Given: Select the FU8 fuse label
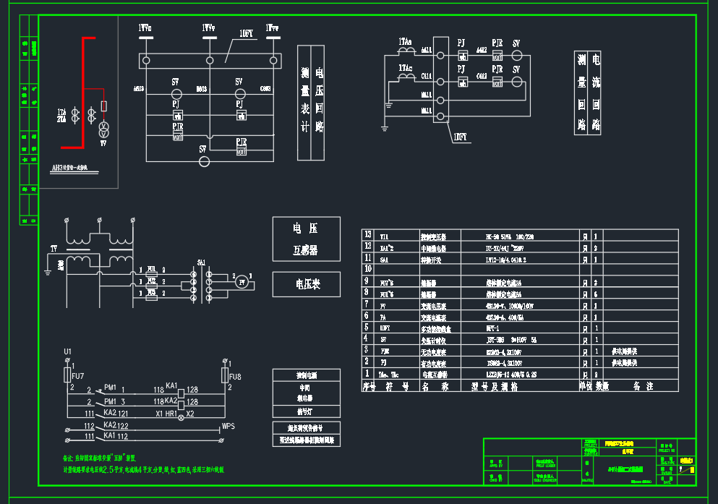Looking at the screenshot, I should [x=235, y=377].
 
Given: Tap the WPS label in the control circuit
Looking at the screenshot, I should [x=228, y=426].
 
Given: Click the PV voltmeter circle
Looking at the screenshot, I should [x=242, y=283].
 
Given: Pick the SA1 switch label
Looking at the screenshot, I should [x=201, y=262].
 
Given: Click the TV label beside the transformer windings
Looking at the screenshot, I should [x=54, y=248].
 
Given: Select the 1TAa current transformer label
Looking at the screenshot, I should [x=405, y=42].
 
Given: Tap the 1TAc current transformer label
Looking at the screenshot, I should [x=405, y=68].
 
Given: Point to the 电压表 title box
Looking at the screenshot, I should [x=306, y=284].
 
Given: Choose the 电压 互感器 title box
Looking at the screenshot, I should [x=306, y=239].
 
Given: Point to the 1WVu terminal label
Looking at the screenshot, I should [x=145, y=28].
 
